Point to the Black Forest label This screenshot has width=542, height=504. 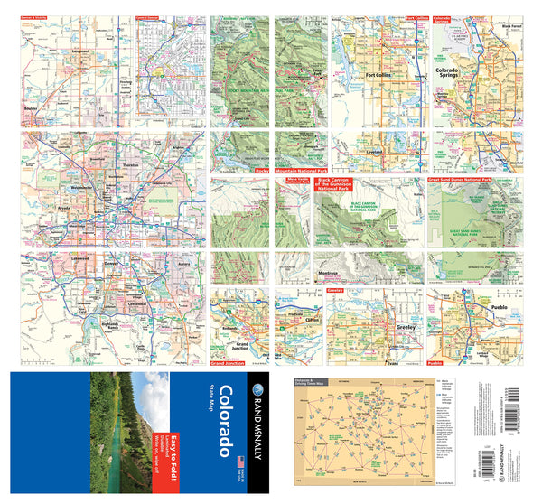[509, 27]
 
